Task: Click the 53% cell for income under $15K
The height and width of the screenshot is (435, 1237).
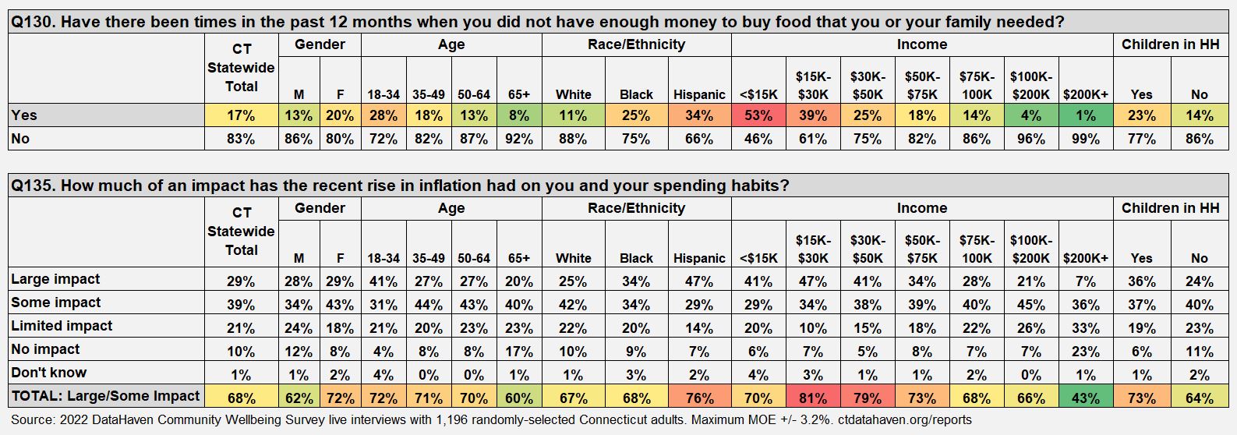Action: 758,115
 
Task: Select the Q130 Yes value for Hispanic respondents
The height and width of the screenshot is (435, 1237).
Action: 698,115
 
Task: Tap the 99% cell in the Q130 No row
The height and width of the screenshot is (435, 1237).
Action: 1085,139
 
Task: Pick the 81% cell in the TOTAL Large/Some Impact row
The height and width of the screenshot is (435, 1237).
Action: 812,398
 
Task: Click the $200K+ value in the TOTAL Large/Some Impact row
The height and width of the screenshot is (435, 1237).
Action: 1085,398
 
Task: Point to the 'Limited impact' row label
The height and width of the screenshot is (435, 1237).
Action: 62,326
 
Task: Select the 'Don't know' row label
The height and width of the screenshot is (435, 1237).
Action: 48,373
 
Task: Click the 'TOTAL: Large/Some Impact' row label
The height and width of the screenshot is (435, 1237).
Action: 105,396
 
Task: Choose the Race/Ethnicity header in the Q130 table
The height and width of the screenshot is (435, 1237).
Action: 636,44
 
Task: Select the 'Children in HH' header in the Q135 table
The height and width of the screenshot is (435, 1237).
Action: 1170,208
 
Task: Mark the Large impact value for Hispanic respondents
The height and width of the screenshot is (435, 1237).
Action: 698,281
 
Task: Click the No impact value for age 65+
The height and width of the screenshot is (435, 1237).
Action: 518,352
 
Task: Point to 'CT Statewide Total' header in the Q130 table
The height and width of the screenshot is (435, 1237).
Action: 241,68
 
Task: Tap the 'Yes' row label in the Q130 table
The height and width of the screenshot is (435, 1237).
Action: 24,115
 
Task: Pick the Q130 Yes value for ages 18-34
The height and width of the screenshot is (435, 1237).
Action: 383,115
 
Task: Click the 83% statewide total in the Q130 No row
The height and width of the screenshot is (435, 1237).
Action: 241,139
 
